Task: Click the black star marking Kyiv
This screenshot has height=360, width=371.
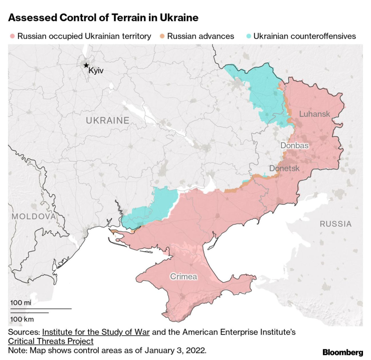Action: coord(86,65)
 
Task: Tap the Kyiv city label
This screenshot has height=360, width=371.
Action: coord(96,71)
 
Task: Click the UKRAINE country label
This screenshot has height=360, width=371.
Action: coord(107,120)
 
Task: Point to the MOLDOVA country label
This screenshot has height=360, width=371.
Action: coord(33,216)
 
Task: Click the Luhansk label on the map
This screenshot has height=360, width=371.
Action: coord(314,114)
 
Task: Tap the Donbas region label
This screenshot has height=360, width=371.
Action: coord(294,145)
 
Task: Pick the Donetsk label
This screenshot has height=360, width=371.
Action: coord(284,168)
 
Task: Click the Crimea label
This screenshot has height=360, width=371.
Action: coord(183,276)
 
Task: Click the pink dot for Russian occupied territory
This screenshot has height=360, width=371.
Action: coord(12,36)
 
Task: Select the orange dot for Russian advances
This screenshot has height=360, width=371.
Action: coord(162,36)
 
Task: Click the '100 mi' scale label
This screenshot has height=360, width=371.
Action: coord(21,303)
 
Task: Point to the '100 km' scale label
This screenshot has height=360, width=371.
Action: coord(22,319)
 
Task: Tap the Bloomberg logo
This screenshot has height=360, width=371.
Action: coord(342,352)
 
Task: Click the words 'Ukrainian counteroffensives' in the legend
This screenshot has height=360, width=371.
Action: coord(304,36)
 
